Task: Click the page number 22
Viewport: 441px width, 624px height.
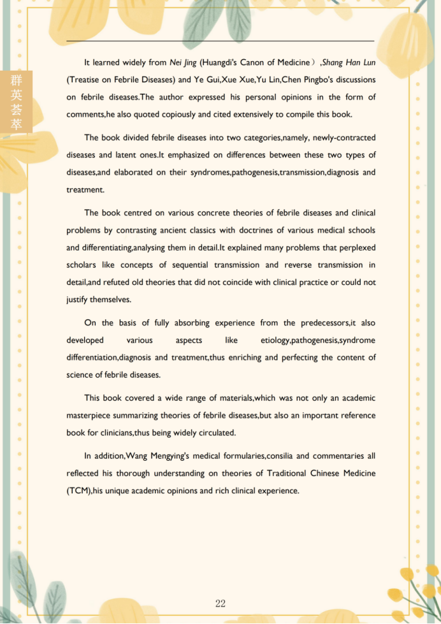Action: point(220,604)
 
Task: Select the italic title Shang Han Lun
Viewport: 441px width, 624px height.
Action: point(350,62)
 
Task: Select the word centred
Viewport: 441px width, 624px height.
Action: point(138,213)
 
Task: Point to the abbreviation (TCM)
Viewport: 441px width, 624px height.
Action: point(78,490)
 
